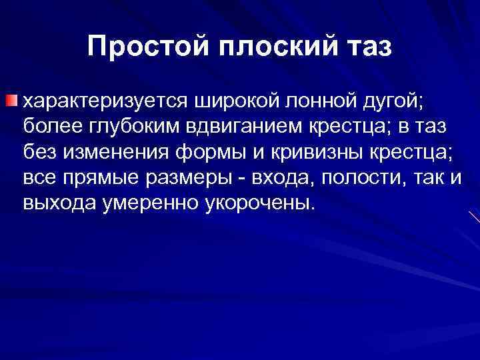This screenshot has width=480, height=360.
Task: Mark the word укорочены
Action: point(255,201)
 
